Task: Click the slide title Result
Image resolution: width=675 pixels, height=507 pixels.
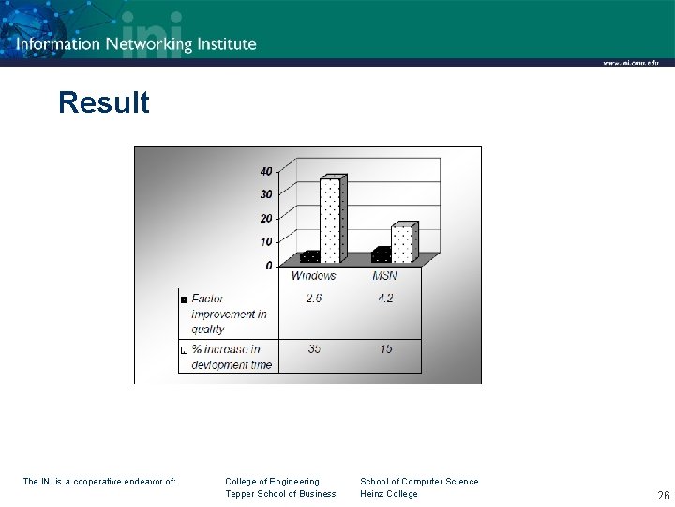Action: click(103, 102)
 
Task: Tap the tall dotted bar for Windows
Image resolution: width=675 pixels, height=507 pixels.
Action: click(330, 219)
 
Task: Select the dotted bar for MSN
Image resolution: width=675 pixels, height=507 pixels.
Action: click(401, 243)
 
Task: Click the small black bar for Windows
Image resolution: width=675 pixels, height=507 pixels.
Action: click(308, 256)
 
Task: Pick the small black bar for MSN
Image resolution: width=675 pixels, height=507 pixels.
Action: click(380, 254)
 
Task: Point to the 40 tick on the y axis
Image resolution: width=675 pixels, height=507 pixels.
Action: click(266, 171)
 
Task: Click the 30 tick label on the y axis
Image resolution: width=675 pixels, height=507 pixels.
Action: click(266, 194)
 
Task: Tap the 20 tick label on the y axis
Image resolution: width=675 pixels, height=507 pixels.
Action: click(266, 218)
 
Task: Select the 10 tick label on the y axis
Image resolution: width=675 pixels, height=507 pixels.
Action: click(266, 241)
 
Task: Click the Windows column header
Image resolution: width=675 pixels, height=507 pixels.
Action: click(313, 276)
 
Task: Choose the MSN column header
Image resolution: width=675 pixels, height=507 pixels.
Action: click(385, 276)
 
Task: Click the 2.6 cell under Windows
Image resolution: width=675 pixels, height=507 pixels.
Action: click(313, 299)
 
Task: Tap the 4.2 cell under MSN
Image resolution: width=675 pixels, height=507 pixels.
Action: click(385, 299)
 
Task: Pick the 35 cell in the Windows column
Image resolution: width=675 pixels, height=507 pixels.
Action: click(313, 349)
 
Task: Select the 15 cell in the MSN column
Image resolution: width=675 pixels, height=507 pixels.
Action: click(385, 349)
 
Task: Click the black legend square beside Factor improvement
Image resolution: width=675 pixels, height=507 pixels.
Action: click(184, 300)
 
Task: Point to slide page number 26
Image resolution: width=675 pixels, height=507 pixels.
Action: click(663, 495)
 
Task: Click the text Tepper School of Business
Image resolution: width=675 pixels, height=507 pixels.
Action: click(280, 494)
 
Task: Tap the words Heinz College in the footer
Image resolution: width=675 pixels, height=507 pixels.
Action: click(389, 494)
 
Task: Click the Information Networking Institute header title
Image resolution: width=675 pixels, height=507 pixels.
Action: click(136, 43)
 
